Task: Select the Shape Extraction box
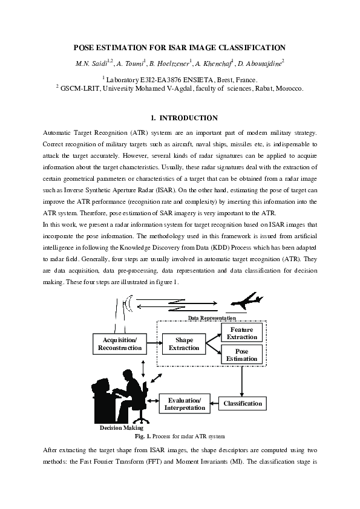(x=184, y=344)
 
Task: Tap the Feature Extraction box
(x=242, y=332)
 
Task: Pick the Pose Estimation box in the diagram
(x=242, y=355)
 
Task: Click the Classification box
(x=243, y=403)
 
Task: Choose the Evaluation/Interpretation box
(x=184, y=404)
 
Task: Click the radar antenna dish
(x=129, y=303)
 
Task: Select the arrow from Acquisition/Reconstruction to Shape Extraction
(x=153, y=344)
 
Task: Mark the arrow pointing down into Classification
(x=243, y=381)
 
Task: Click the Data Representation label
(x=211, y=317)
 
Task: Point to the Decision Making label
(x=121, y=427)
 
